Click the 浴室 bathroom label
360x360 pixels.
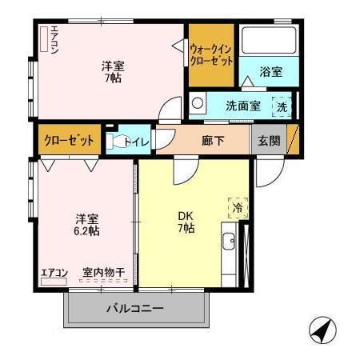(x=271, y=71)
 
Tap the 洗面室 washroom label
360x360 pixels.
(x=242, y=104)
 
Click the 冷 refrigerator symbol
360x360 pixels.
(x=237, y=206)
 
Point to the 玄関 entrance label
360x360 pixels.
(x=269, y=141)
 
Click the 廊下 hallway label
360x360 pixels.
(x=212, y=141)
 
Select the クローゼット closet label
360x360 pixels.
(x=67, y=140)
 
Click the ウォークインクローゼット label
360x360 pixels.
(x=211, y=54)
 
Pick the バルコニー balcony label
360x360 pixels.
(x=134, y=308)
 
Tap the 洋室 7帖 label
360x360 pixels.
(x=113, y=73)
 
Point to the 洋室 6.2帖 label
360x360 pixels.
(x=87, y=225)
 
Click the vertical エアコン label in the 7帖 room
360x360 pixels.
(x=54, y=41)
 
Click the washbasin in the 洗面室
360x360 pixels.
(x=198, y=103)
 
